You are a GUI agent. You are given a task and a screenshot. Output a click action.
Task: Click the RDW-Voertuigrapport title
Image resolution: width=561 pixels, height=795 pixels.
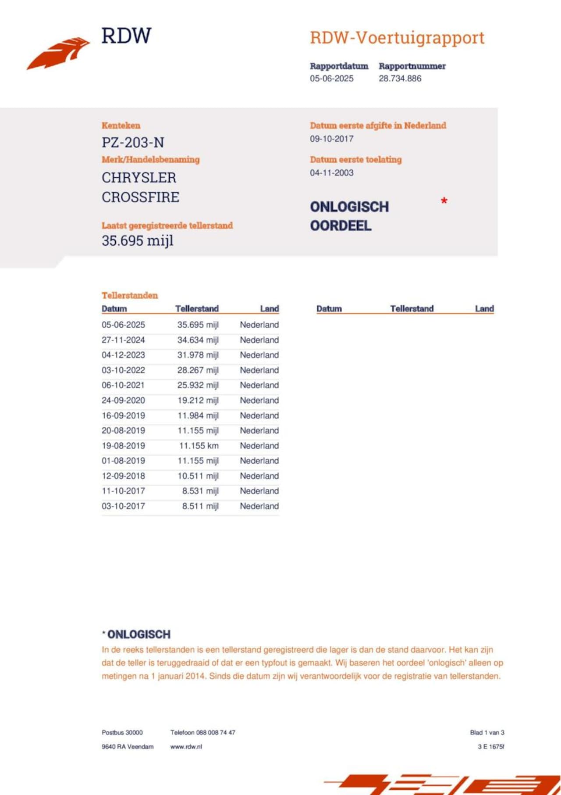coord(397,38)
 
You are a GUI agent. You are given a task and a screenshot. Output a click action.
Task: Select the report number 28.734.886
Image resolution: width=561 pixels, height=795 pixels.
coord(400,79)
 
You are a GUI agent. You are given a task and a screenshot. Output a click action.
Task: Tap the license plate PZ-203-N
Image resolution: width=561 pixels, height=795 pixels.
coord(133,143)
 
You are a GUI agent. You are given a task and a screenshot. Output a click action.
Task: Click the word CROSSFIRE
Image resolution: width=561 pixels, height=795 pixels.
coord(140,197)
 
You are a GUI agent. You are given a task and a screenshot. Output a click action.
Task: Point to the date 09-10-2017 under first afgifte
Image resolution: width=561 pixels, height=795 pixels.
coord(331,139)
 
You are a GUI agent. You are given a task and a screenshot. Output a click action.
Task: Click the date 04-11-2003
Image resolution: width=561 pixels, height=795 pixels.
coord(331,173)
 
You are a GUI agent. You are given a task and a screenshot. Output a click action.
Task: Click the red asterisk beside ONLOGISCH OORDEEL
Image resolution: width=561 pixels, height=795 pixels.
coord(444,201)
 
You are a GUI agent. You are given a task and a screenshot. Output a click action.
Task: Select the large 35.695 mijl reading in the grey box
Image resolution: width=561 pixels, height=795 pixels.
coord(138,240)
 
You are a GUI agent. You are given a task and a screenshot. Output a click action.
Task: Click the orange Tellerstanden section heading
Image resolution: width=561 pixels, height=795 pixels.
coord(130,295)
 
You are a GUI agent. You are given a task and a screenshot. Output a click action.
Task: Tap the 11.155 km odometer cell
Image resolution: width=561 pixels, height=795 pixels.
coord(199,446)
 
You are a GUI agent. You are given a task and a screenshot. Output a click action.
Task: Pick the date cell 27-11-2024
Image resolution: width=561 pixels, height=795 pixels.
coord(123,340)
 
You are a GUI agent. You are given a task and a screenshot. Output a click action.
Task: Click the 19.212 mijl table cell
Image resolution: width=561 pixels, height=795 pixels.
coord(198,400)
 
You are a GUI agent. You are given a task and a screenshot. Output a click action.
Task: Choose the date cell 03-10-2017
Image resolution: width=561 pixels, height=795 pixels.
coord(123,506)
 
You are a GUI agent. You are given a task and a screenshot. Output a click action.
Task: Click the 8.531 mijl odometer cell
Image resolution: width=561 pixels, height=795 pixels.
coord(200,491)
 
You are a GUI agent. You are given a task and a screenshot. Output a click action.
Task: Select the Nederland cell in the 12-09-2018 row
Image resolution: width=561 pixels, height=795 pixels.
coord(259,476)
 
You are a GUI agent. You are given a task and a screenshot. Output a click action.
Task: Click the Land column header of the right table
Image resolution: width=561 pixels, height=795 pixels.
coord(484,308)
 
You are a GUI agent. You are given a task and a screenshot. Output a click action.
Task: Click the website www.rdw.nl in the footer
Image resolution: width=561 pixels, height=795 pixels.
coord(186,746)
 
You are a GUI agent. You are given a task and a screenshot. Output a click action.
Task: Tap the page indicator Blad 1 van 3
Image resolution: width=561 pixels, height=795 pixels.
coord(487,732)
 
